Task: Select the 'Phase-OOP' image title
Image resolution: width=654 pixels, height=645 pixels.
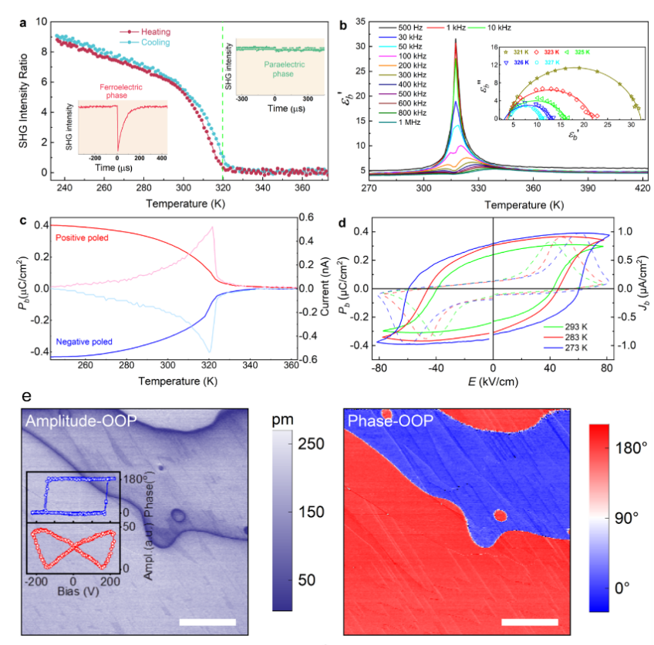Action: pos(386,421)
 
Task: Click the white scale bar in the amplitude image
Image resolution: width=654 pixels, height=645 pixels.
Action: pos(207,621)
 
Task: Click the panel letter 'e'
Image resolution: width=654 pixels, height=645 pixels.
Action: pos(28,398)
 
